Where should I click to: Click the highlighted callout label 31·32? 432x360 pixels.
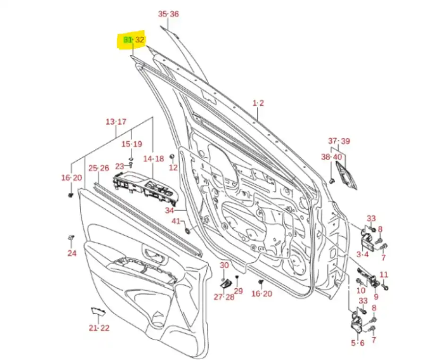coord(134,40)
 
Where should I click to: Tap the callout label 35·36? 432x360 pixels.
coord(169,14)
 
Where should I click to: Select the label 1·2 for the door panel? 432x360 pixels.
coord(258,103)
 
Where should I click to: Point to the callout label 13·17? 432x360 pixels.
coord(116,122)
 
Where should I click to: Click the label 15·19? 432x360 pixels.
coord(132,144)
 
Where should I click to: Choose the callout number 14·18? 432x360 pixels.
coord(153,159)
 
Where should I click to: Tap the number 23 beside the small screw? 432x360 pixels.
coord(119,166)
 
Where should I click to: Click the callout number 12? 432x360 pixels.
coord(173,167)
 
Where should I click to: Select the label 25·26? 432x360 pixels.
coord(99,168)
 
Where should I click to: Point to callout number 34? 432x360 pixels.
coord(169,210)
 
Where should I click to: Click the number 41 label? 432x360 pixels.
coord(176,222)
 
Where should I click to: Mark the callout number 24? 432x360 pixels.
coord(71,253)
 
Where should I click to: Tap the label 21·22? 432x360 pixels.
coord(99,328)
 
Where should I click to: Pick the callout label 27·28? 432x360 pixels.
coord(224,297)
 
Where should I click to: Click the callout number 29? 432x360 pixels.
coord(238,291)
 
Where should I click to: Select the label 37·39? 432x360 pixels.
coord(339,141)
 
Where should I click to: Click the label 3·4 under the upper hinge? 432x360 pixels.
coord(363,255)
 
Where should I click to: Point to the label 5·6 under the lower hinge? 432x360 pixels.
coord(358,343)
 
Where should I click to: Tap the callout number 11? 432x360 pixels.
coord(384,274)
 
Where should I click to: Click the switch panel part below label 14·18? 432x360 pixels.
coord(146,187)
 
